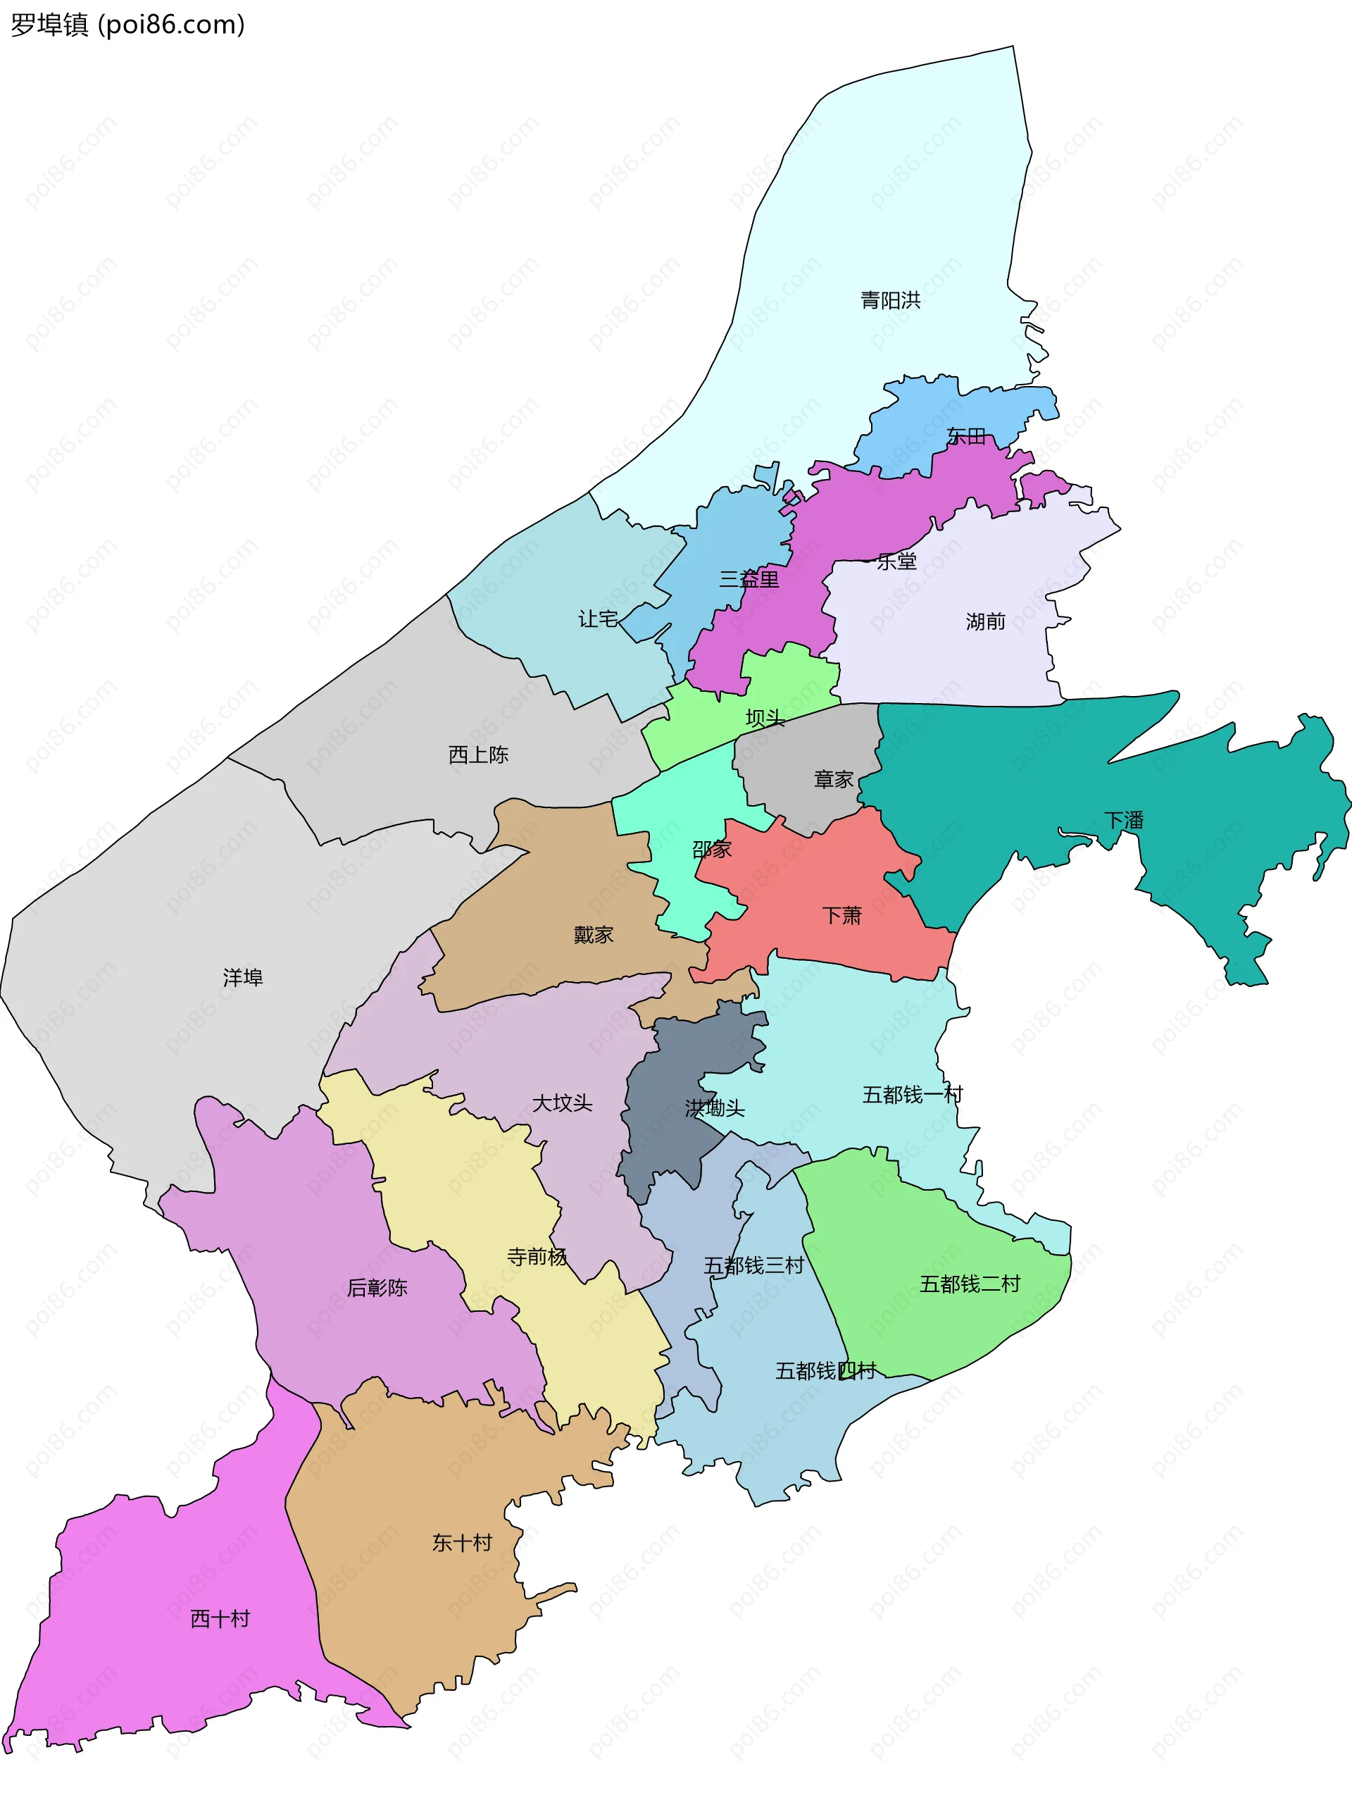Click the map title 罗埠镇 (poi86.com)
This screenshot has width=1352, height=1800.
[x=127, y=25]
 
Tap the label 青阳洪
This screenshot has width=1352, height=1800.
[x=891, y=300]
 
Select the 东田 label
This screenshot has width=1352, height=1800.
[x=966, y=437]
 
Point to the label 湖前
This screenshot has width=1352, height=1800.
[x=985, y=621]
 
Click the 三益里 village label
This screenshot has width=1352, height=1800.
[x=749, y=578]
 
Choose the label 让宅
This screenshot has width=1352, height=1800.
[x=598, y=619]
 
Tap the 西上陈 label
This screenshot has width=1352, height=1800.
[x=478, y=755]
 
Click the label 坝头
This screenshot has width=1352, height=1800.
[x=765, y=718]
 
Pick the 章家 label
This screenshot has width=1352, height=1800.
[x=834, y=780]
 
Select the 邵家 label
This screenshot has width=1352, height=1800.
[x=712, y=850]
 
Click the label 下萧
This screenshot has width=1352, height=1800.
[x=842, y=915]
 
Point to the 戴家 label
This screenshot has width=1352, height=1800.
[x=593, y=935]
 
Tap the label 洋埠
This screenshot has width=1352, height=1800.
[x=243, y=977]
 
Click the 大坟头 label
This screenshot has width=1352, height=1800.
[x=562, y=1103]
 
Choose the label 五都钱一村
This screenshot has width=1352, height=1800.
[x=913, y=1095]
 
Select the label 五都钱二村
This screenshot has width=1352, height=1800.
[x=970, y=1284]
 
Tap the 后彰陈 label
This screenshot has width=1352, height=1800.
[x=377, y=1287]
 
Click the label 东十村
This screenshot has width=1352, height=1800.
[x=462, y=1542]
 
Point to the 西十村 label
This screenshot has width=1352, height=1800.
[x=220, y=1618]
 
